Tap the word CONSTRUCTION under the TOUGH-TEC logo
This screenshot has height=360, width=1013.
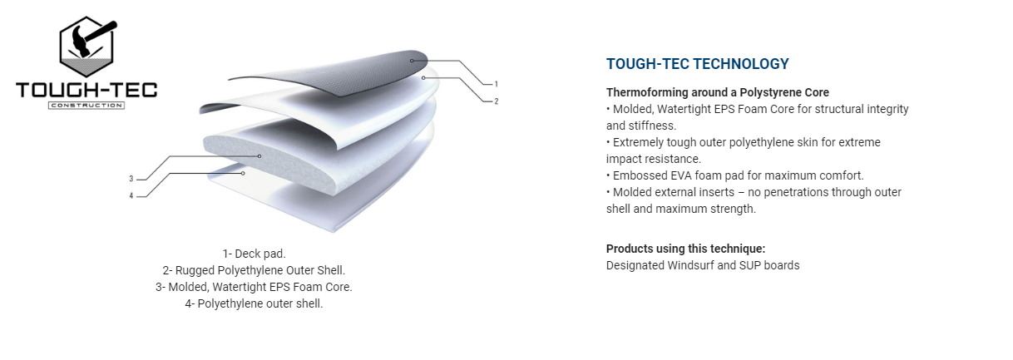(86, 106)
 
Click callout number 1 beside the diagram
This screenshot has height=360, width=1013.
(496, 84)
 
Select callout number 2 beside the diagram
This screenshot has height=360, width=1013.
(496, 101)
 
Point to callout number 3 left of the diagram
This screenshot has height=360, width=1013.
(131, 179)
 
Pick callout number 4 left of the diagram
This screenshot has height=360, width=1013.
(131, 196)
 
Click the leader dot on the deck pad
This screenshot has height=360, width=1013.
(412, 61)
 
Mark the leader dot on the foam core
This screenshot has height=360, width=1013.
(259, 156)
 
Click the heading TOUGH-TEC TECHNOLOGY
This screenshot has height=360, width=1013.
(697, 64)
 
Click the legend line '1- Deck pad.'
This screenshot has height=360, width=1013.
(254, 254)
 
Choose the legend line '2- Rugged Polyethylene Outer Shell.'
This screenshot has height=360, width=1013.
(254, 270)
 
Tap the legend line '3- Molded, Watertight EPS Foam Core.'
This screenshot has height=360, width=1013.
(254, 287)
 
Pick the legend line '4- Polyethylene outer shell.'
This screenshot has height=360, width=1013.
(254, 303)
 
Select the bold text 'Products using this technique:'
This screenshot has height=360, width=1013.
(685, 249)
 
